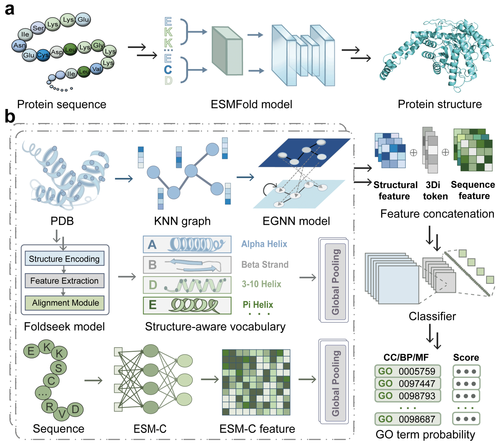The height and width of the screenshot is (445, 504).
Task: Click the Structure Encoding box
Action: [64, 259]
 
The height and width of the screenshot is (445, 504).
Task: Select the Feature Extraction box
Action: [64, 281]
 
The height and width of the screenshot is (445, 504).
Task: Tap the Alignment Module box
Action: [65, 303]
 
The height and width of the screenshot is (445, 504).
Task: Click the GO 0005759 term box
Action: [408, 371]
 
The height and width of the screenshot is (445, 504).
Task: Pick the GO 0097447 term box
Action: [408, 383]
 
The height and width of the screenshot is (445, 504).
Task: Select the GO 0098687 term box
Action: [408, 419]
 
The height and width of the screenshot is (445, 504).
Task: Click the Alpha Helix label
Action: [264, 244]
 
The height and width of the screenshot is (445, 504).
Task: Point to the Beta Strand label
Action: [265, 265]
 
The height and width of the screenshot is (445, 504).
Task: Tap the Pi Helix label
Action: [258, 304]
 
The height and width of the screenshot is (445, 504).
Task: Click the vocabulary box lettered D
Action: [187, 285]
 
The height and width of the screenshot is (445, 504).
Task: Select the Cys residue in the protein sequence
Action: [43, 55]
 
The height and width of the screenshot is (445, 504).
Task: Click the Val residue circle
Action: [96, 69]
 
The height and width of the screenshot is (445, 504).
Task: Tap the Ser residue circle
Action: [38, 28]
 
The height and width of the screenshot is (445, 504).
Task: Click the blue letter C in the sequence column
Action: [168, 69]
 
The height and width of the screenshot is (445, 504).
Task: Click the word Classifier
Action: [432, 316]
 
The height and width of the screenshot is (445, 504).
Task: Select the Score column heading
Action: [466, 358]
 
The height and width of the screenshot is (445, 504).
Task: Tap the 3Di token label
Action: [435, 190]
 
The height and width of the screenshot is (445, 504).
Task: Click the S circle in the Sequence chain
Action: [59, 368]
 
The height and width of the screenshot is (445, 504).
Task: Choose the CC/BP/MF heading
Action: [406, 358]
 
